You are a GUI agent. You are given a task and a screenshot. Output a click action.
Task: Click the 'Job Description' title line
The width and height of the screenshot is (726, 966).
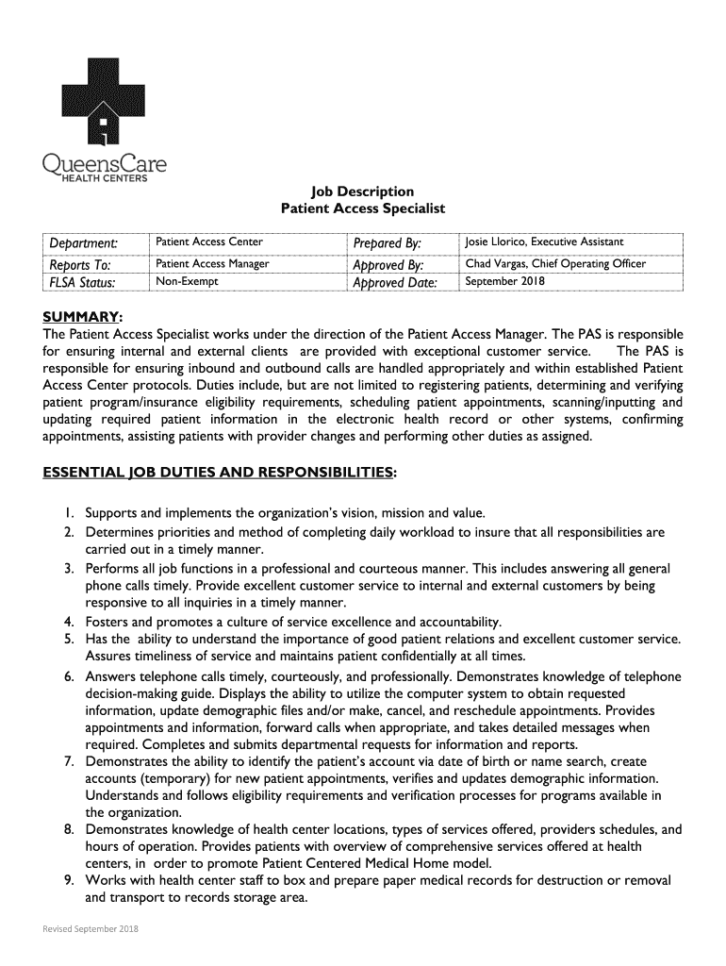(x=363, y=192)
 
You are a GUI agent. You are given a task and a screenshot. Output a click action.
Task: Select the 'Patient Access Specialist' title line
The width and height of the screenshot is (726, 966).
(x=363, y=208)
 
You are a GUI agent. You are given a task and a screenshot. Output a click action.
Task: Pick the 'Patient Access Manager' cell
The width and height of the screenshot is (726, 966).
(x=212, y=264)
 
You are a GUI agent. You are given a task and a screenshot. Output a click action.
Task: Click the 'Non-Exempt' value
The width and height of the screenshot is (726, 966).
(x=187, y=281)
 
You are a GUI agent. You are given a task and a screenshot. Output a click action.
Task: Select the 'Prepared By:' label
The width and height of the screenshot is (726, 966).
(x=387, y=244)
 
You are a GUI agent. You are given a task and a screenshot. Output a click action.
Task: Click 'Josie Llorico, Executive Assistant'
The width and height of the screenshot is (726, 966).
(x=544, y=242)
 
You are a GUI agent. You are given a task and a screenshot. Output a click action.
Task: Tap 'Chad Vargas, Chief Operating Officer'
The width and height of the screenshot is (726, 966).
(x=555, y=263)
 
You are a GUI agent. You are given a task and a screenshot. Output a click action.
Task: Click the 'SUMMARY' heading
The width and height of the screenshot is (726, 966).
(x=81, y=315)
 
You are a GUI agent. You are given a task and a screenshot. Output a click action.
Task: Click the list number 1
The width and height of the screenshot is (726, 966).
(x=70, y=513)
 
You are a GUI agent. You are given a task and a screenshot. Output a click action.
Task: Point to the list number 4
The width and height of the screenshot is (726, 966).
(x=70, y=622)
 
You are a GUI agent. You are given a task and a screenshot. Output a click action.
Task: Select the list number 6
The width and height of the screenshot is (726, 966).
(x=70, y=676)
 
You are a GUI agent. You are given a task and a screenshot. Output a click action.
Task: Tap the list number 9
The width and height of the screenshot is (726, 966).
(x=70, y=880)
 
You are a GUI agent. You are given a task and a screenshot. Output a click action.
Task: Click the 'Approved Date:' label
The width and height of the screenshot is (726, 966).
(x=395, y=283)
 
